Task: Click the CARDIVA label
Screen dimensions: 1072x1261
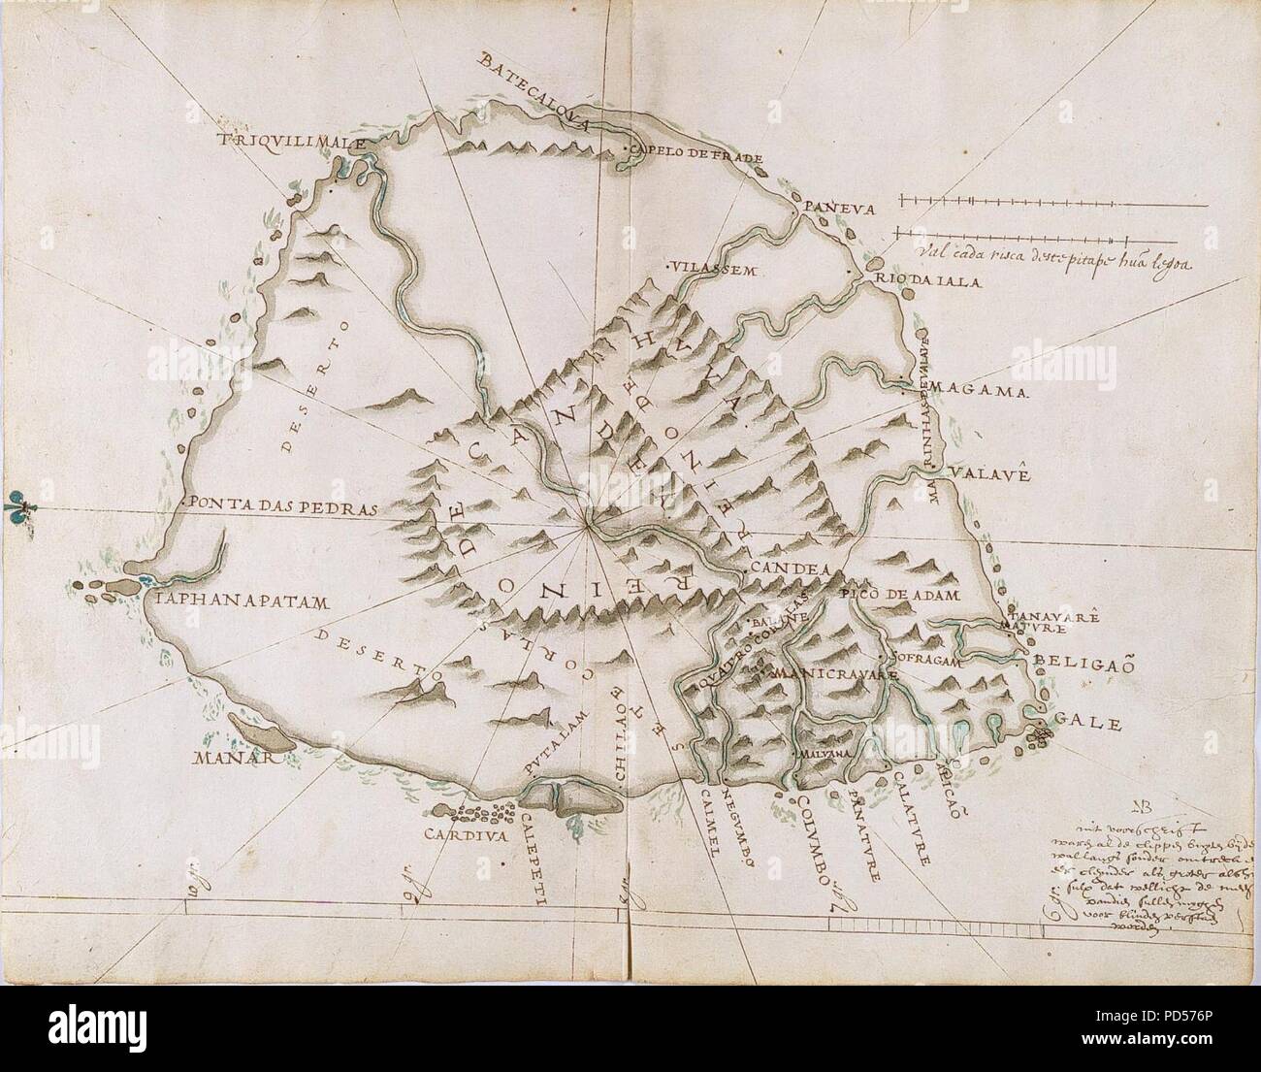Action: pyautogui.click(x=466, y=831)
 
